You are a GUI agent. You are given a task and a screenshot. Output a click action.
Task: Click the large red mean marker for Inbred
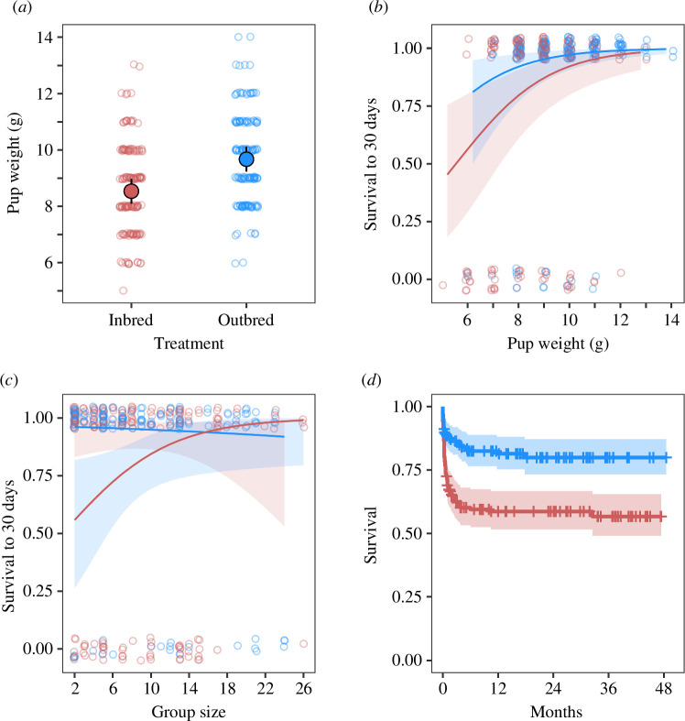click(x=131, y=191)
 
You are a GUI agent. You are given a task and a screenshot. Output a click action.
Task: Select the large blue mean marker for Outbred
click(x=245, y=159)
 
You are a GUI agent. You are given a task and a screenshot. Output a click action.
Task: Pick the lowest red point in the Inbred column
click(x=124, y=290)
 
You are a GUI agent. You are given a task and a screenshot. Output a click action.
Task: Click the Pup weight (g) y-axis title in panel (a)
click(x=13, y=163)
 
